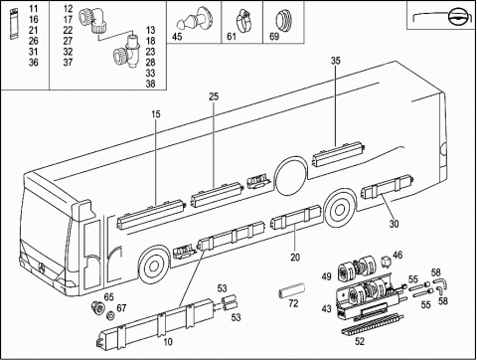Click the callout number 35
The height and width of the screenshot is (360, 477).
click(x=336, y=61)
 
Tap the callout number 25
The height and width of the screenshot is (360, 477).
click(x=214, y=96)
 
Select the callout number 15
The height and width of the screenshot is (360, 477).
click(x=156, y=114)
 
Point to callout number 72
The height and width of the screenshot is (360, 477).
click(x=293, y=303)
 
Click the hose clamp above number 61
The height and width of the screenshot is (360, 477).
click(x=243, y=20)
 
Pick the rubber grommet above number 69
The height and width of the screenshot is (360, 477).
click(x=283, y=20)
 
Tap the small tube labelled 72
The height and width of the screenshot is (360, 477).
click(x=292, y=290)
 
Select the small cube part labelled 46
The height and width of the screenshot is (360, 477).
click(x=386, y=260)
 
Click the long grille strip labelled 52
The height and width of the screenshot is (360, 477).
click(x=373, y=326)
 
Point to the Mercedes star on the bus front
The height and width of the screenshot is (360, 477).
click(x=42, y=268)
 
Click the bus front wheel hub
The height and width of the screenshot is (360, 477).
click(x=153, y=266)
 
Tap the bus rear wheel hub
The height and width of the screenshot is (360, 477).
click(x=339, y=210)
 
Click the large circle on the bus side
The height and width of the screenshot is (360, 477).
click(x=291, y=177)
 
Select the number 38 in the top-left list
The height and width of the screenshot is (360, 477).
click(x=150, y=84)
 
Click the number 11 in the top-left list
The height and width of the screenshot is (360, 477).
click(x=33, y=9)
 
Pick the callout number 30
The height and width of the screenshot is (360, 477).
click(x=394, y=224)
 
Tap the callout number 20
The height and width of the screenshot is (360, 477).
click(x=295, y=257)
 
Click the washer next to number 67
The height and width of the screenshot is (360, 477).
click(x=110, y=315)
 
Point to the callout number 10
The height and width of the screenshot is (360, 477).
click(x=168, y=342)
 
